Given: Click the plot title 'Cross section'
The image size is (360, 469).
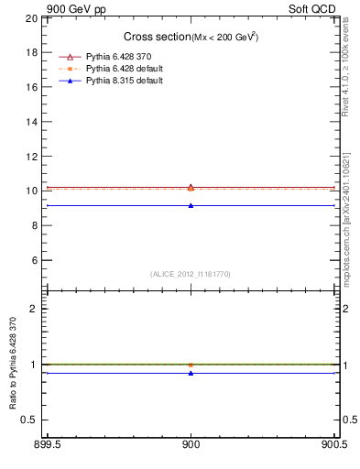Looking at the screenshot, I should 157,37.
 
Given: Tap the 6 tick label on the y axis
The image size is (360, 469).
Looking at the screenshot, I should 35,260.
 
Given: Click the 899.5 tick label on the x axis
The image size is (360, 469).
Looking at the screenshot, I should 47,447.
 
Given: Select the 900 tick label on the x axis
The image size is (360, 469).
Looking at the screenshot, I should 191,447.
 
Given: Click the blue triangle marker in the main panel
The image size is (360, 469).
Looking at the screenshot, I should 191,205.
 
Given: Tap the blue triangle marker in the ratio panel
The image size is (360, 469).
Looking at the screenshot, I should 191,373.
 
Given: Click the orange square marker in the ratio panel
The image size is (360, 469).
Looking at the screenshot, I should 191,365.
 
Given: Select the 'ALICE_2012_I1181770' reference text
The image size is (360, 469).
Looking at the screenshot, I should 191,274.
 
